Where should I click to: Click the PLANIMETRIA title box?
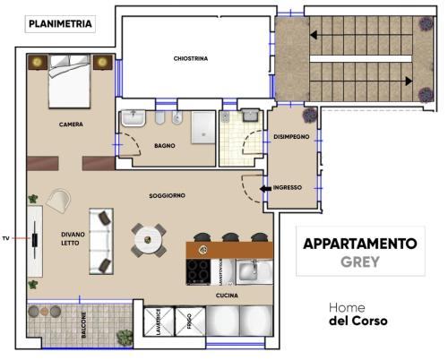tap(60, 24)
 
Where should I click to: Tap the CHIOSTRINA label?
tap(191, 58)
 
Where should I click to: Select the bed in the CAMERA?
tap(70, 81)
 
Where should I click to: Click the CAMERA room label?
tap(71, 124)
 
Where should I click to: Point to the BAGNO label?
tap(165, 146)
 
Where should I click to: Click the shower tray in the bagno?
tap(203, 127)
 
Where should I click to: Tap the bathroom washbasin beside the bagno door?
tap(134, 118)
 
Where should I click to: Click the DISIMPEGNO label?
tap(291, 137)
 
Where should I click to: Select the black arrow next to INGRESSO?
tap(265, 189)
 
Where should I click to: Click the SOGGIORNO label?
tap(168, 196)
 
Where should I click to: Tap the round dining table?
tap(148, 240)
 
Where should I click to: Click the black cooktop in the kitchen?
tap(198, 271)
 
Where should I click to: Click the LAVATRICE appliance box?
tap(159, 321)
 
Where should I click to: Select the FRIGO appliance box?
tap(190, 321)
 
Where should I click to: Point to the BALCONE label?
tap(83, 325)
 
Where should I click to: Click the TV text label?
tap(5, 238)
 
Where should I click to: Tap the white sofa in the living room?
tap(101, 241)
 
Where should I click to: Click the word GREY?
tap(360, 261)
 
